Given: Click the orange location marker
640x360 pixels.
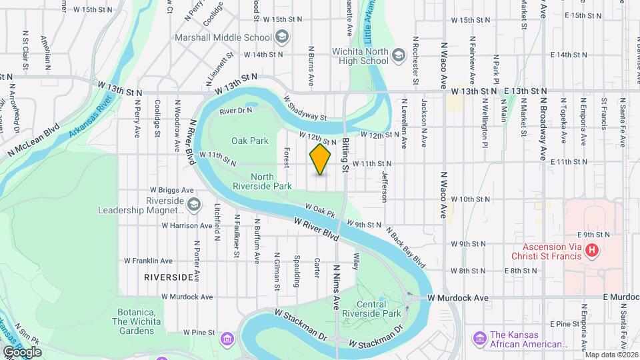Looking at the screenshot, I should [321, 159].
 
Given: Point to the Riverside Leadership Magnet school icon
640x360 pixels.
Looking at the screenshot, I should [194, 203].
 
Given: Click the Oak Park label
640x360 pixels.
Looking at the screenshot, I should [249, 141].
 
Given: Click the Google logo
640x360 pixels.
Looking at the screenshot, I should [22, 351].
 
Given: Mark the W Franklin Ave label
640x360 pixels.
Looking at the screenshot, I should [147, 261].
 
